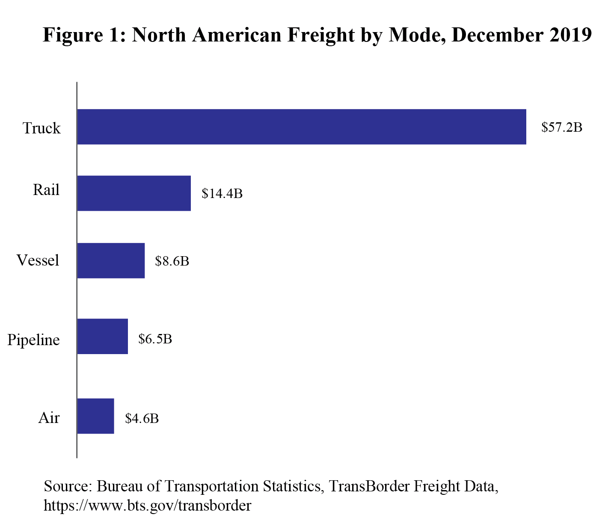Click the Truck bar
[x=301, y=127]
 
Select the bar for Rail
[x=134, y=193]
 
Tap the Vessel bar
[x=111, y=260]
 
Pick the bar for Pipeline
[x=102, y=336]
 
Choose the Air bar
[x=95, y=416]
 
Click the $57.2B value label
[x=561, y=127]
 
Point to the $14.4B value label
[x=222, y=194]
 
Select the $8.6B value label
[x=172, y=261]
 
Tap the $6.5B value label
[x=155, y=339]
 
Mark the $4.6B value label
[x=142, y=418]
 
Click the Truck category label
[x=42, y=128]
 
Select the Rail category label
[x=46, y=189]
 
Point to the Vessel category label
[x=38, y=260]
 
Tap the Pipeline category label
[x=34, y=340]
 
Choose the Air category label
[x=49, y=417]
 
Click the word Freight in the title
[x=320, y=35]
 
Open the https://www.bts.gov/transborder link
[x=147, y=505]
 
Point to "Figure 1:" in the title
[x=84, y=35]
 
